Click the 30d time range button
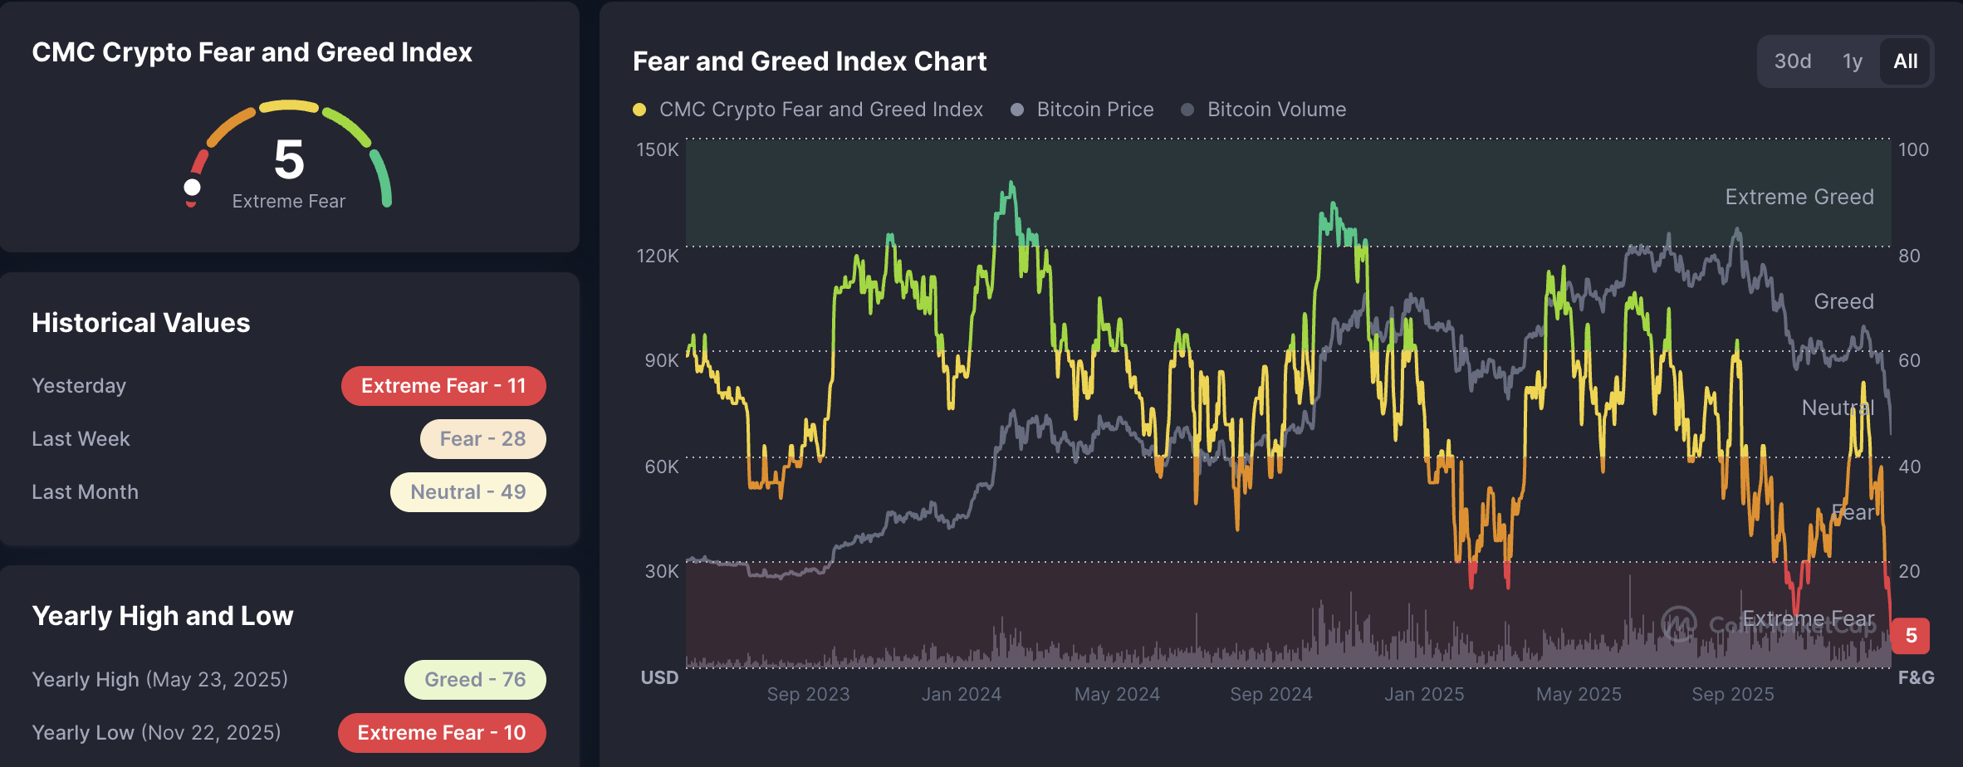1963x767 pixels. tap(1792, 61)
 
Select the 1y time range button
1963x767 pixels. tap(1853, 61)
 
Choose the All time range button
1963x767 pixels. tap(1905, 61)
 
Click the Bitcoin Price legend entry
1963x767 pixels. tap(1094, 110)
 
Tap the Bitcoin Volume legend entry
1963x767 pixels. tap(1276, 110)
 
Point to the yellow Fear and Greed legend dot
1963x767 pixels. tap(639, 110)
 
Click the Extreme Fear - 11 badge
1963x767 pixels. tap(443, 386)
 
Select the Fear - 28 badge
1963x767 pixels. tap(482, 439)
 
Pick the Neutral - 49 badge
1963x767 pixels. tap(468, 492)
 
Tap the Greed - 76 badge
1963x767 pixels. tap(475, 680)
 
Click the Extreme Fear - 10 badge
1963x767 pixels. tap(442, 733)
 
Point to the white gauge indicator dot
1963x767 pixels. tap(192, 188)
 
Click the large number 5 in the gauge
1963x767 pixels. tap(289, 159)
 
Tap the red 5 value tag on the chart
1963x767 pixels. tap(1911, 636)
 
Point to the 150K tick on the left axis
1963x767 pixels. tap(658, 150)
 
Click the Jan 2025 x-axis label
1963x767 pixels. tap(1424, 694)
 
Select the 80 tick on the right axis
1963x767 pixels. tap(1909, 256)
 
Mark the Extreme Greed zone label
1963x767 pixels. tap(1799, 197)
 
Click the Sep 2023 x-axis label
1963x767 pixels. tap(808, 694)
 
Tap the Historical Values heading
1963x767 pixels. tap(141, 323)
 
